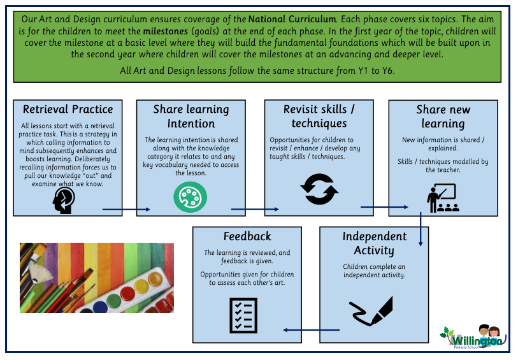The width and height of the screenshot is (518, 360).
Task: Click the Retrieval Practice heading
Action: pyautogui.click(x=68, y=109)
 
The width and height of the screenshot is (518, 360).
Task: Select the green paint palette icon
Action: pyautogui.click(x=191, y=196)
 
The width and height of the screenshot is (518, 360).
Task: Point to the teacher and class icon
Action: pyautogui.click(x=442, y=198)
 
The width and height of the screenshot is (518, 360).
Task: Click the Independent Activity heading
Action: pyautogui.click(x=374, y=243)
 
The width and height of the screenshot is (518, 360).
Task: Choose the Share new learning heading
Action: pyautogui.click(x=443, y=117)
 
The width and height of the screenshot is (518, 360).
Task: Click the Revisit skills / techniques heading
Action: pyautogui.click(x=319, y=116)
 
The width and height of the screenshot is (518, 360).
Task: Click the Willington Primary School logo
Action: pyautogui.click(x=473, y=338)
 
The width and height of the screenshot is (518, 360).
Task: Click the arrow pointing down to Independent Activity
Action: pyautogui.click(x=421, y=229)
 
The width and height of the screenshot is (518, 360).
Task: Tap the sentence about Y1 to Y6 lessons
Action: pyautogui.click(x=257, y=71)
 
